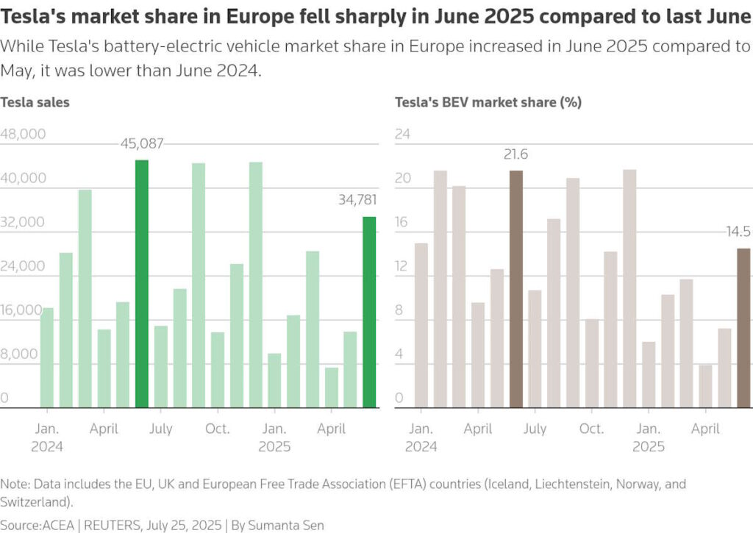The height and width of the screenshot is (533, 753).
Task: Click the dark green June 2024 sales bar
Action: tap(142, 284)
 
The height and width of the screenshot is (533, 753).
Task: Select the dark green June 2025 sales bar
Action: tap(369, 312)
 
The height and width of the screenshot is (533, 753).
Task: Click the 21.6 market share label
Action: tap(515, 154)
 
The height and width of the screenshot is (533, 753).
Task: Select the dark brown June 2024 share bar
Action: tap(516, 289)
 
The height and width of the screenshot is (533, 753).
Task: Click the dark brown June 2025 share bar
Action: tap(744, 328)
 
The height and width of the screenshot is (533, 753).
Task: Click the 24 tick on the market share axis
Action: tap(403, 135)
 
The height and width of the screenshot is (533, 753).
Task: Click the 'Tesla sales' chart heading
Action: tap(35, 102)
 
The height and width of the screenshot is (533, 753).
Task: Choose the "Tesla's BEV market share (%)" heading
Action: tap(488, 102)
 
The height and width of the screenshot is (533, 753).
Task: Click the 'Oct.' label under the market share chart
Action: tap(591, 429)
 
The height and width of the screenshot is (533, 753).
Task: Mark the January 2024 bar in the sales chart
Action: tap(47, 357)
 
